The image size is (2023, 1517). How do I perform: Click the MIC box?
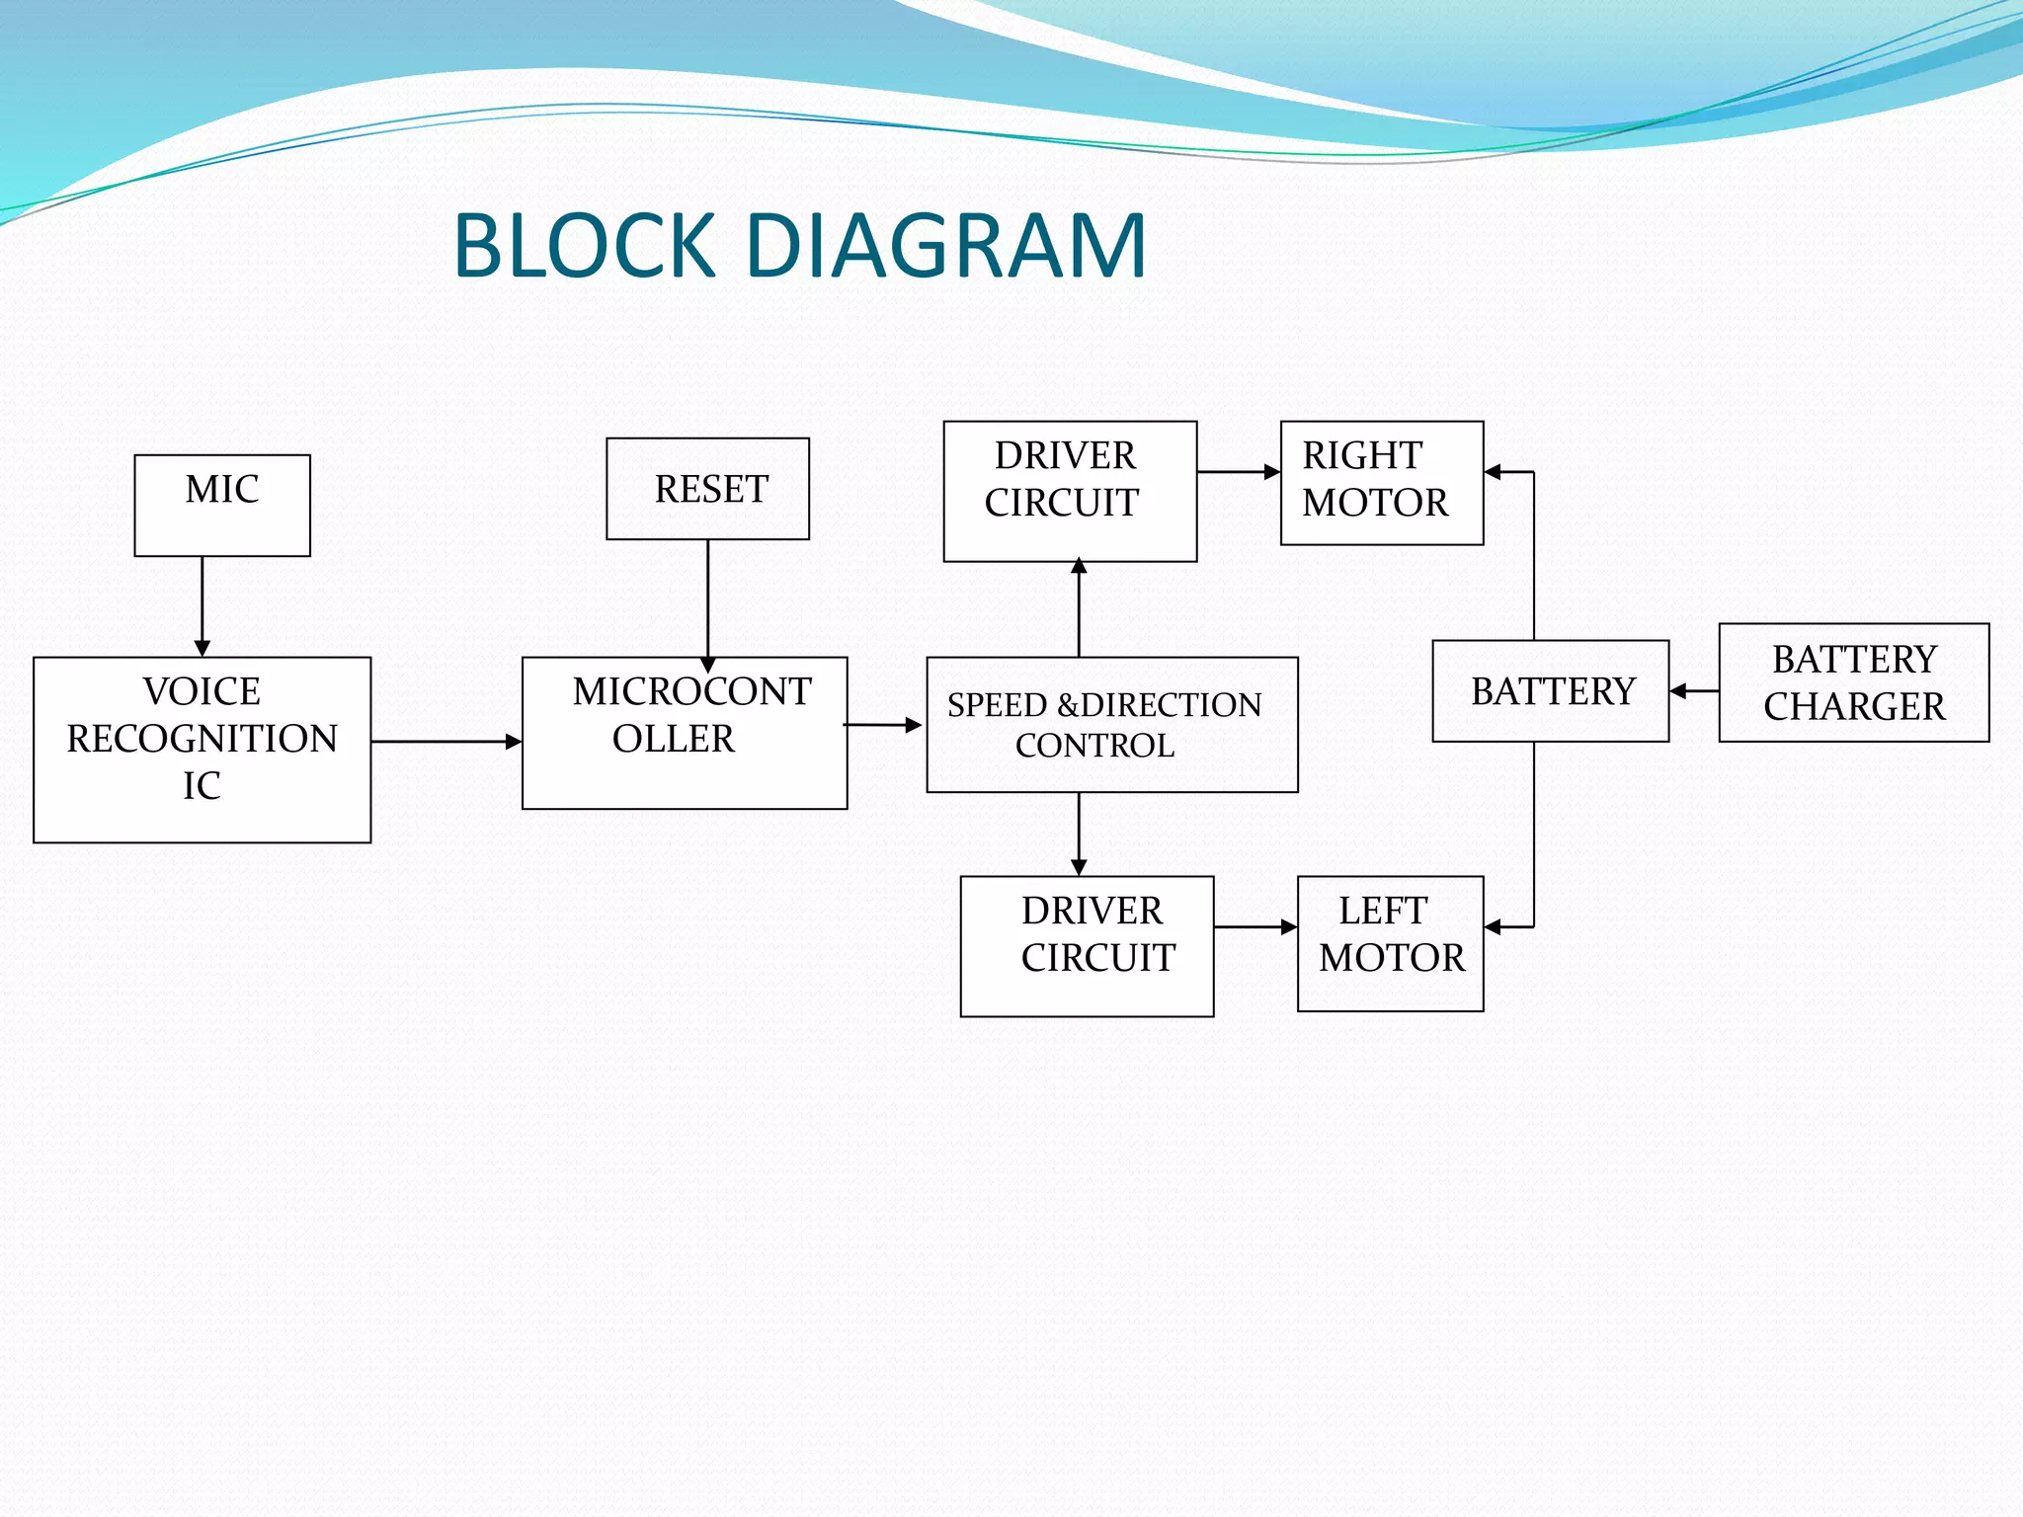tap(222, 505)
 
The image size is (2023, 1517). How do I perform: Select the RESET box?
tap(707, 489)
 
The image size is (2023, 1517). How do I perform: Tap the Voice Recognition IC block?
tap(202, 750)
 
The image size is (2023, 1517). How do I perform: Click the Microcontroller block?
tap(684, 733)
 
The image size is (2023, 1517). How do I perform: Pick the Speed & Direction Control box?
tap(1111, 725)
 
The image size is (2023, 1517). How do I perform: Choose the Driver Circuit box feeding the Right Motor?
tap(1070, 491)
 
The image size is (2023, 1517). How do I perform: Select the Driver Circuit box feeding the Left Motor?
tap(1087, 945)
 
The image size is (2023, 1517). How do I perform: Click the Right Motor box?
tap(1381, 482)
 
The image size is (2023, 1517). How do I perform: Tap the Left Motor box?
tap(1390, 943)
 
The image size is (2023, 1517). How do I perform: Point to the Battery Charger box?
tap(1853, 682)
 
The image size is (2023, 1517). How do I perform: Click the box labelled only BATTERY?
tap(1550, 691)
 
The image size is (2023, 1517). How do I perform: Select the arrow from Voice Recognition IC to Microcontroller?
tap(445, 741)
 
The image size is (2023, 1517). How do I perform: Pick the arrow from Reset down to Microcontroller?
tap(708, 602)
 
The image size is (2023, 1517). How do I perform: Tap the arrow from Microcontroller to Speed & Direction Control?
tap(883, 725)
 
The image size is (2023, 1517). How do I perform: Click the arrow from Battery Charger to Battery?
tap(1693, 691)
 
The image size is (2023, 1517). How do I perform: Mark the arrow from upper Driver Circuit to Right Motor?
tap(1239, 472)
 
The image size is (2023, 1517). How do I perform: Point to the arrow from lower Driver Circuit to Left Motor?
tap(1254, 926)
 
